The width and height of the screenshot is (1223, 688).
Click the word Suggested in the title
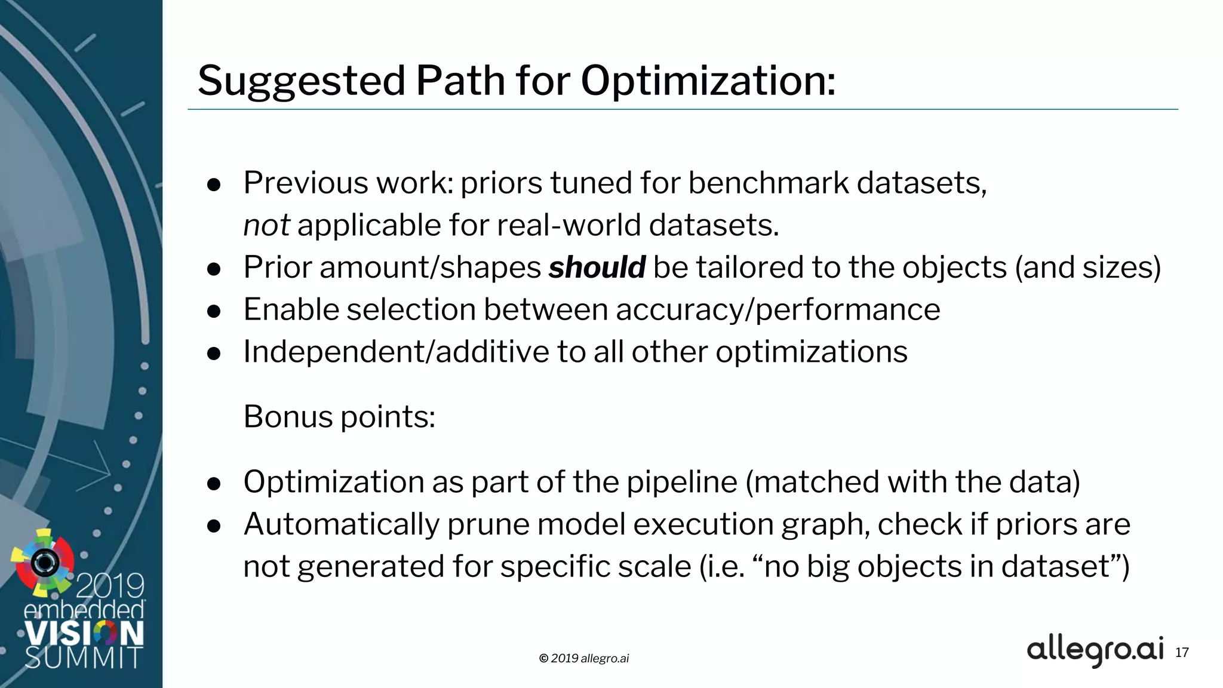click(x=302, y=81)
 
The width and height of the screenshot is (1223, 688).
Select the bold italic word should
click(x=597, y=267)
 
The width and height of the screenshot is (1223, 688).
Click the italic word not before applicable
click(x=266, y=226)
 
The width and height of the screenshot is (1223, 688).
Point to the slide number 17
click(x=1182, y=652)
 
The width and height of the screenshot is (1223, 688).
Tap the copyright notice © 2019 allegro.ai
click(x=583, y=658)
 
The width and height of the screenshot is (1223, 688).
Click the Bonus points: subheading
click(x=339, y=416)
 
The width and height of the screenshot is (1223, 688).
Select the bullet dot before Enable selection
click(x=214, y=311)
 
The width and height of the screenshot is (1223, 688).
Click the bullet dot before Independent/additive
click(x=214, y=354)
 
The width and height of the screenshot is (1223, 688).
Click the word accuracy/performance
click(x=778, y=310)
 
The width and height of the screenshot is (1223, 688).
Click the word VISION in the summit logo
click(x=84, y=633)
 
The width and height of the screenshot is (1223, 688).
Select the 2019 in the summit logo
click(x=110, y=585)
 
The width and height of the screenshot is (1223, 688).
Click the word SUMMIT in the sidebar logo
click(x=84, y=657)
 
